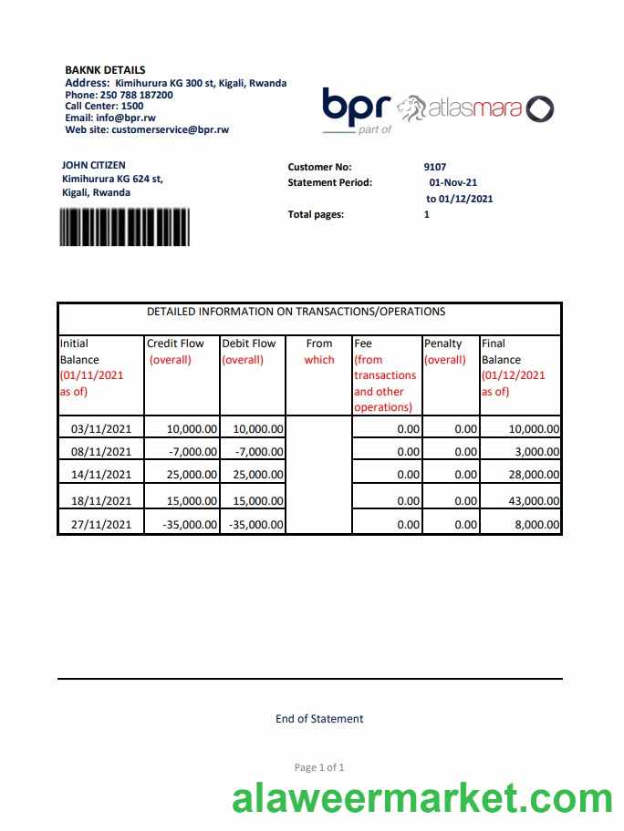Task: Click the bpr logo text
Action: pos(357,108)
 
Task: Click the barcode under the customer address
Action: pos(124,227)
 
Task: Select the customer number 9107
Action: pos(435,167)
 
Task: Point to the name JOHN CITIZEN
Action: pos(94,166)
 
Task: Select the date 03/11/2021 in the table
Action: pos(101,428)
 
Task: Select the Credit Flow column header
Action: pos(176,344)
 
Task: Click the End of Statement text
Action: pos(319,719)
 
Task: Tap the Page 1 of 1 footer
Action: pos(319,767)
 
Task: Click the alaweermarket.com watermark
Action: pos(421,799)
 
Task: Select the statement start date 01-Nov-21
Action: pos(452,182)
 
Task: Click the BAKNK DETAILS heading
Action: pos(105,70)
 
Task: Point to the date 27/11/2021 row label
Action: pos(101,525)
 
